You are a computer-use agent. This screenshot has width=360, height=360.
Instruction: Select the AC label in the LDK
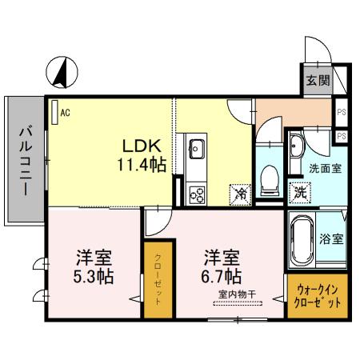pyautogui.click(x=64, y=113)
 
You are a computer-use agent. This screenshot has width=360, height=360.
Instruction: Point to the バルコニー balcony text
pyautogui.click(x=26, y=161)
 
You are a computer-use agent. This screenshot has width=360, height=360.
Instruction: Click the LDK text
pyautogui.click(x=142, y=147)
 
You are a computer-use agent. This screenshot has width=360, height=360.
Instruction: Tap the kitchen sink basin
pyautogui.click(x=196, y=147)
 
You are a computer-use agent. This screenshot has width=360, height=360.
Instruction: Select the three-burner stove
pyautogui.click(x=196, y=193)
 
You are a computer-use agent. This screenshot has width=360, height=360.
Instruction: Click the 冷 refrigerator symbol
pyautogui.click(x=239, y=194)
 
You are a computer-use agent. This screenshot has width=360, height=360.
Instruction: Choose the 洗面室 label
pyautogui.click(x=325, y=169)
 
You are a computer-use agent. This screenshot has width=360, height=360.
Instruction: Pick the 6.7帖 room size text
pyautogui.click(x=221, y=277)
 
